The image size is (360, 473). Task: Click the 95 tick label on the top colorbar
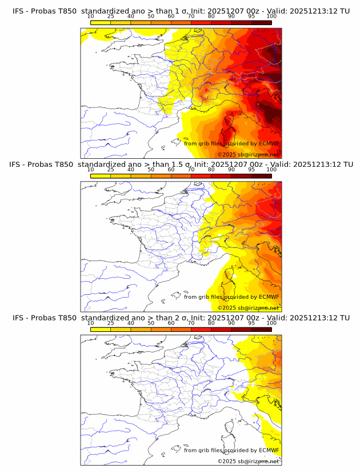[x=251, y=16]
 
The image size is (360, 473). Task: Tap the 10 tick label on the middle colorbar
[x=91, y=170]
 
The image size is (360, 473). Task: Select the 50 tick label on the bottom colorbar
[x=151, y=323]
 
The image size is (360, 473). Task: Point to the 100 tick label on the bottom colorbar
[x=271, y=323]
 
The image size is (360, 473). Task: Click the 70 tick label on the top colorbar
[x=191, y=16]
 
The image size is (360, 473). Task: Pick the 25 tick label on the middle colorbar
[x=111, y=170]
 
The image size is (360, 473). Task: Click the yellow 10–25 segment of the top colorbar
[x=101, y=22]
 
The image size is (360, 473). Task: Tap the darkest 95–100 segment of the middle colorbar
[x=261, y=175]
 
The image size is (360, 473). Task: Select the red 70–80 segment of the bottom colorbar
[x=201, y=329]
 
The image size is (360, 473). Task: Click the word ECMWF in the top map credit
[x=269, y=144]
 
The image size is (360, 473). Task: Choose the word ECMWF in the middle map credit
[x=269, y=297]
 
